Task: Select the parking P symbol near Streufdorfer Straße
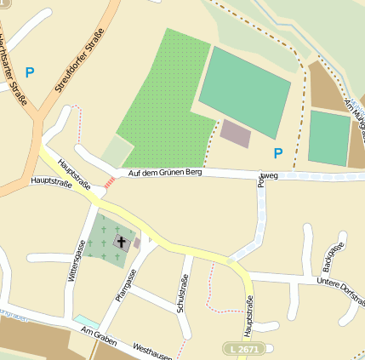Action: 30,73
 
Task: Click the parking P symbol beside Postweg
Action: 277,153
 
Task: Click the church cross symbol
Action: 121,243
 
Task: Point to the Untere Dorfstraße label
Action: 339,293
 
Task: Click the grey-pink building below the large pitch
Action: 235,133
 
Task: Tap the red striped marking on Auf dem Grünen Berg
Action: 108,181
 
